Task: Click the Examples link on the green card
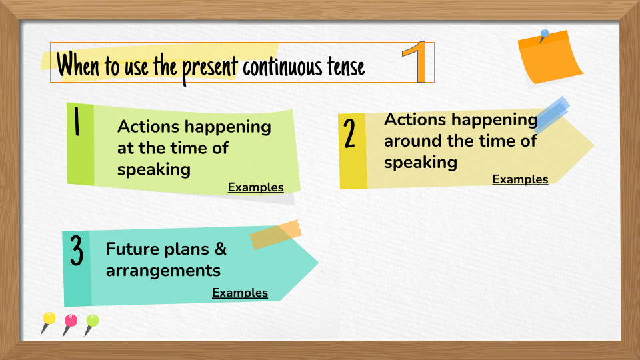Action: (255, 187)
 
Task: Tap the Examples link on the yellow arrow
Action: (520, 179)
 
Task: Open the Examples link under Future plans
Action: (240, 293)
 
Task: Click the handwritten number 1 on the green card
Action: (77, 121)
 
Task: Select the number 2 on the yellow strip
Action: (349, 133)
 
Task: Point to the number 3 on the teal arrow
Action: (76, 250)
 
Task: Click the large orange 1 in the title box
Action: (416, 61)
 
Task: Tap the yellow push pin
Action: (48, 323)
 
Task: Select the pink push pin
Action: (70, 325)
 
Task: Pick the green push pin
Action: (91, 325)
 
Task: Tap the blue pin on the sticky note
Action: (544, 35)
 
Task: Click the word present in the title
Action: (209, 68)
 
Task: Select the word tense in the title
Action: (345, 67)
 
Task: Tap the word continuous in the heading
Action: (283, 67)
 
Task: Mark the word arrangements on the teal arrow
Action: (163, 271)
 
